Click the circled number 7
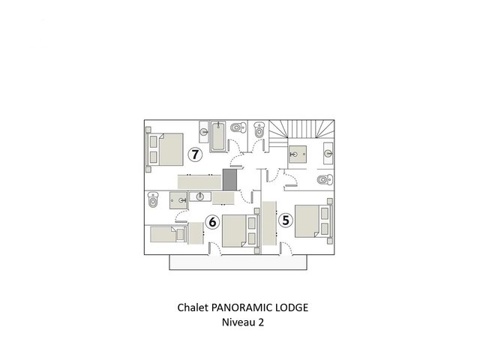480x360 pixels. click(x=195, y=154)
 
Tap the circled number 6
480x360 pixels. click(x=212, y=222)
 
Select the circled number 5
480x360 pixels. click(x=285, y=220)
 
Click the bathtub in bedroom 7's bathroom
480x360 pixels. click(x=218, y=136)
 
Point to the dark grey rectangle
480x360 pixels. click(x=229, y=179)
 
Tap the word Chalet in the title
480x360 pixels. click(x=193, y=307)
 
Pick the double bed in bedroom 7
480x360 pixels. click(x=165, y=149)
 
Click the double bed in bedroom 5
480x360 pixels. click(x=313, y=221)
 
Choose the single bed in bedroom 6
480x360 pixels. click(x=168, y=235)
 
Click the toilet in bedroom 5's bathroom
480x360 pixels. click(x=325, y=179)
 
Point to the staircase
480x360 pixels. click(x=301, y=129)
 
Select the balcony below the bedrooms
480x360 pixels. click(x=238, y=262)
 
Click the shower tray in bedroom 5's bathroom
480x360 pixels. click(x=298, y=154)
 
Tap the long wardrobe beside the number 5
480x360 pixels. click(x=269, y=223)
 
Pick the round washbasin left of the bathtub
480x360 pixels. click(x=204, y=132)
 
